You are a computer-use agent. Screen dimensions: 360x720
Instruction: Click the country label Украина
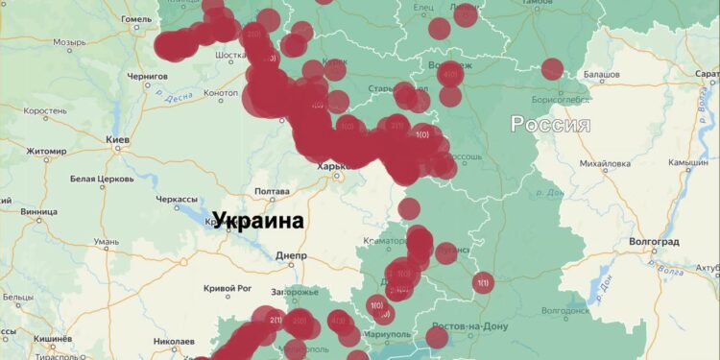pos(257,221)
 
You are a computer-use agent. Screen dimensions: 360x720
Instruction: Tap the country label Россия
pos(549,124)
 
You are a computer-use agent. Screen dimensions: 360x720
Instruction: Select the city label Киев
pos(118,141)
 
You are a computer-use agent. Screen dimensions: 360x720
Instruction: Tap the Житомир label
pos(45,151)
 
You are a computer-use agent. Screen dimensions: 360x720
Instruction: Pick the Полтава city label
pos(271,191)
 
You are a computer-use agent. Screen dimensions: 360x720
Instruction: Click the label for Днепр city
pos(290,256)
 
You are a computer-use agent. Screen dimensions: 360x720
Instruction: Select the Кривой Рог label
pos(228,289)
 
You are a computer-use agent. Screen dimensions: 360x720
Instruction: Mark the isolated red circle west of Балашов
pos(552,69)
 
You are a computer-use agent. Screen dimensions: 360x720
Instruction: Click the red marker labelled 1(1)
pos(482,282)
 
